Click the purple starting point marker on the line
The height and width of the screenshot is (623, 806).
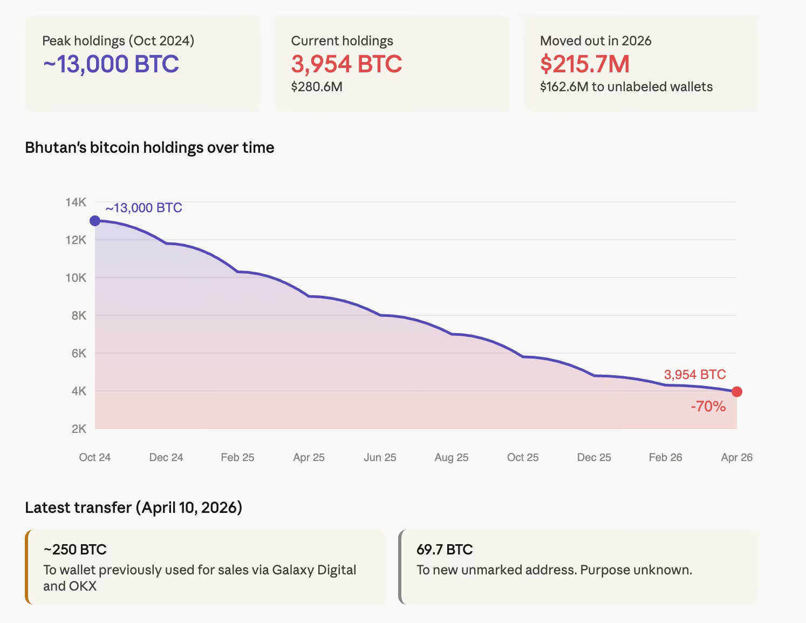point(95,221)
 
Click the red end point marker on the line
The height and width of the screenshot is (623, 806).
point(736,392)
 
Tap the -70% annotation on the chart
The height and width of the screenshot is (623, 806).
point(708,407)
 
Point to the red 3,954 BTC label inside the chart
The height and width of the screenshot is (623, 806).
point(694,375)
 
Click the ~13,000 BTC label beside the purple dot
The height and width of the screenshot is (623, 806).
point(144,208)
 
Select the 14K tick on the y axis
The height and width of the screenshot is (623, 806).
point(76,202)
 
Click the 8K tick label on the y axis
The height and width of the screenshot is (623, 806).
point(78,316)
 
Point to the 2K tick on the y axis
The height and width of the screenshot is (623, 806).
point(78,429)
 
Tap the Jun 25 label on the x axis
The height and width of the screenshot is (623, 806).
point(380,458)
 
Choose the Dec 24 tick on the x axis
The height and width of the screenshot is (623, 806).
point(166,458)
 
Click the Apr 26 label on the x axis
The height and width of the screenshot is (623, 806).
point(736,458)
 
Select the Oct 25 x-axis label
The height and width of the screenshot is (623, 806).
point(522,458)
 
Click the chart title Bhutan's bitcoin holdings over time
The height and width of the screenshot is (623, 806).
point(149,148)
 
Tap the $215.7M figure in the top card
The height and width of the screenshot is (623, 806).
point(585,64)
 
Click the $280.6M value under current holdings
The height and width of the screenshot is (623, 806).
point(317,87)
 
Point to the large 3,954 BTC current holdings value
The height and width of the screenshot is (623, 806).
point(346,64)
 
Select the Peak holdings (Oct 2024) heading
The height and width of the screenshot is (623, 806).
point(118,41)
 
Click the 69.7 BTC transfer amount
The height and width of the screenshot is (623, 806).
point(445,550)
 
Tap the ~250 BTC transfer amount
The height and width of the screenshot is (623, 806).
point(75,550)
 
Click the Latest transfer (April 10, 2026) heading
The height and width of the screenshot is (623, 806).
point(133,507)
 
